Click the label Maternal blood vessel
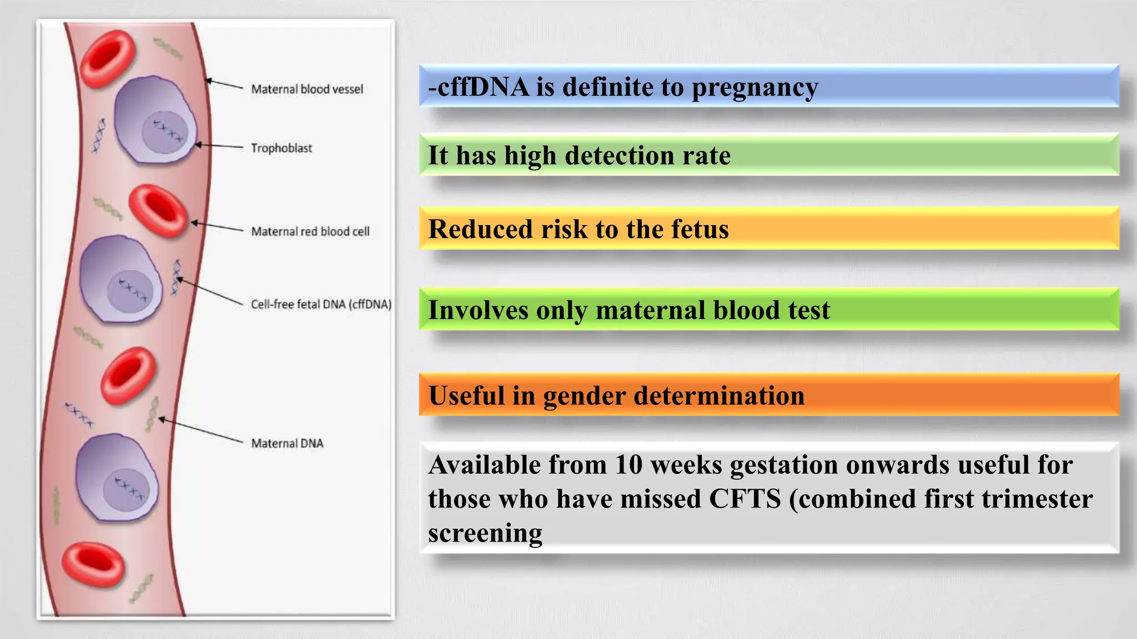coord(307,89)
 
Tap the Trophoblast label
coord(281,148)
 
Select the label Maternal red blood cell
coord(310,231)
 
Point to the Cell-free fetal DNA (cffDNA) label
coord(321,304)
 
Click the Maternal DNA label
coord(287,443)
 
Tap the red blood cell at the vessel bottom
coord(93,565)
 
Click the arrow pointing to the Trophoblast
coord(220,146)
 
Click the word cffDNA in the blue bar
coord(483,87)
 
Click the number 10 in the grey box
coord(628,465)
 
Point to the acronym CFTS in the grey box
coord(745,499)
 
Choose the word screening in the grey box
coord(485,533)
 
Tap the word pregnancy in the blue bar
coord(754,87)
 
